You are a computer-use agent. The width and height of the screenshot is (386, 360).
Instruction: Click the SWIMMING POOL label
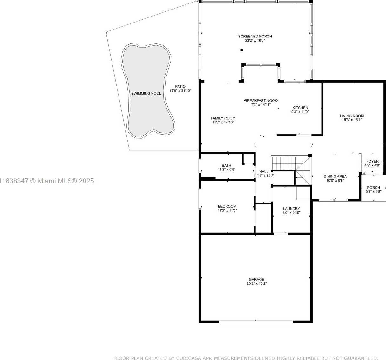point(146,93)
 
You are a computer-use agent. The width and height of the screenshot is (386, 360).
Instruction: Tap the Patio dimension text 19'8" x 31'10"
point(180,90)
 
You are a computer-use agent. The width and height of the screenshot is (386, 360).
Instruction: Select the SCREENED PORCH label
point(255,36)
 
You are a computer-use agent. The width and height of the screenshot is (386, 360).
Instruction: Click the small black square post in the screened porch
point(242,50)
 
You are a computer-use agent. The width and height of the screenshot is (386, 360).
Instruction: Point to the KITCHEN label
point(300,108)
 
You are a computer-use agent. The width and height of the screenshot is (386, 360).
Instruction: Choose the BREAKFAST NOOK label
point(261,101)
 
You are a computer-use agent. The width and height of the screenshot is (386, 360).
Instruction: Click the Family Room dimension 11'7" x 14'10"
point(223,123)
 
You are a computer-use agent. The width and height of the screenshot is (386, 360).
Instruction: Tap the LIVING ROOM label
point(352,116)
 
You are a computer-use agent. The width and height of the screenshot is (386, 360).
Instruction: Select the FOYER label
point(372,161)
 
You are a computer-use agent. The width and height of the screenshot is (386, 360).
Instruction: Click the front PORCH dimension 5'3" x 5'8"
point(373,192)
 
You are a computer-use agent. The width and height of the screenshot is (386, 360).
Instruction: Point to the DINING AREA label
point(335,177)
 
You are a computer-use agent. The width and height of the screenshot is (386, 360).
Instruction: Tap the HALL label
point(264,171)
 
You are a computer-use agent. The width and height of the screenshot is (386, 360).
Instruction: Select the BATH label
point(227,165)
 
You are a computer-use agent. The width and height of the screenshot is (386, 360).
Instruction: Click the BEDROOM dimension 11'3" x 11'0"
point(227,210)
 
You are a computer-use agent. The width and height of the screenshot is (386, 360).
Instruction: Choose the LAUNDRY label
point(291,209)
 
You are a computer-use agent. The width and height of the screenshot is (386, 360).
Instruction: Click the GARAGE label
point(257,279)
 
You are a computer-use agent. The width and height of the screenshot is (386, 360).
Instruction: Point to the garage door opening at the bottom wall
point(256,322)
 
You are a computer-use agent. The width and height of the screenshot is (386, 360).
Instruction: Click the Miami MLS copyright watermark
point(47,181)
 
